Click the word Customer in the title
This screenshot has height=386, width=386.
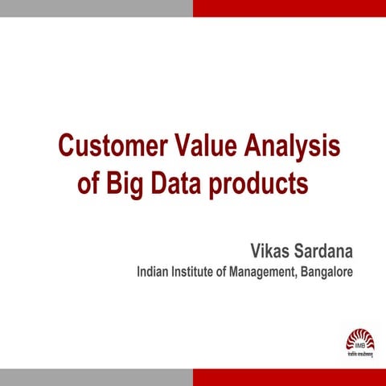point(111,147)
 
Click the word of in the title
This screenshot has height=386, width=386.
point(88,183)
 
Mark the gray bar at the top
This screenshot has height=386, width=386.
point(96,8)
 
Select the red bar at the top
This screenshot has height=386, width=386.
point(289,8)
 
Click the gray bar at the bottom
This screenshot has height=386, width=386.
point(96,377)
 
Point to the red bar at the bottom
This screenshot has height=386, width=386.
point(289,377)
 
